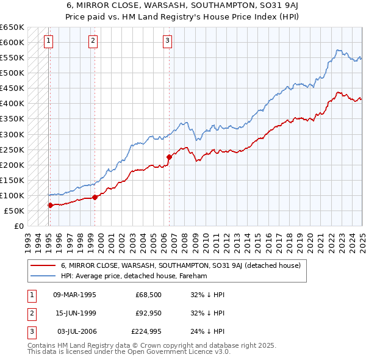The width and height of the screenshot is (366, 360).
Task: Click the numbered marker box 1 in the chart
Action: point(48,41)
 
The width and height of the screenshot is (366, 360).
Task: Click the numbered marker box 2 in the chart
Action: point(93,41)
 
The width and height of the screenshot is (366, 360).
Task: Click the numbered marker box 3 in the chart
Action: point(167,41)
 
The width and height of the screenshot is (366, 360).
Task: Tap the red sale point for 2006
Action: point(169,157)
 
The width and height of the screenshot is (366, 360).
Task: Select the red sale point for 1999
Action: point(95,197)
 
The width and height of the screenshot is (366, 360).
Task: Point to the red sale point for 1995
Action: point(50,205)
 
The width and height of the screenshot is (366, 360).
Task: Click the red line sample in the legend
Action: point(43,266)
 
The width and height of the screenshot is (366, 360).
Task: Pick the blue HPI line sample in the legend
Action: point(43,276)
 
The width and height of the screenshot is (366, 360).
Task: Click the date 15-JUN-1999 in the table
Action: point(75,313)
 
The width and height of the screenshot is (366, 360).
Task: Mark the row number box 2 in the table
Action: point(30,313)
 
